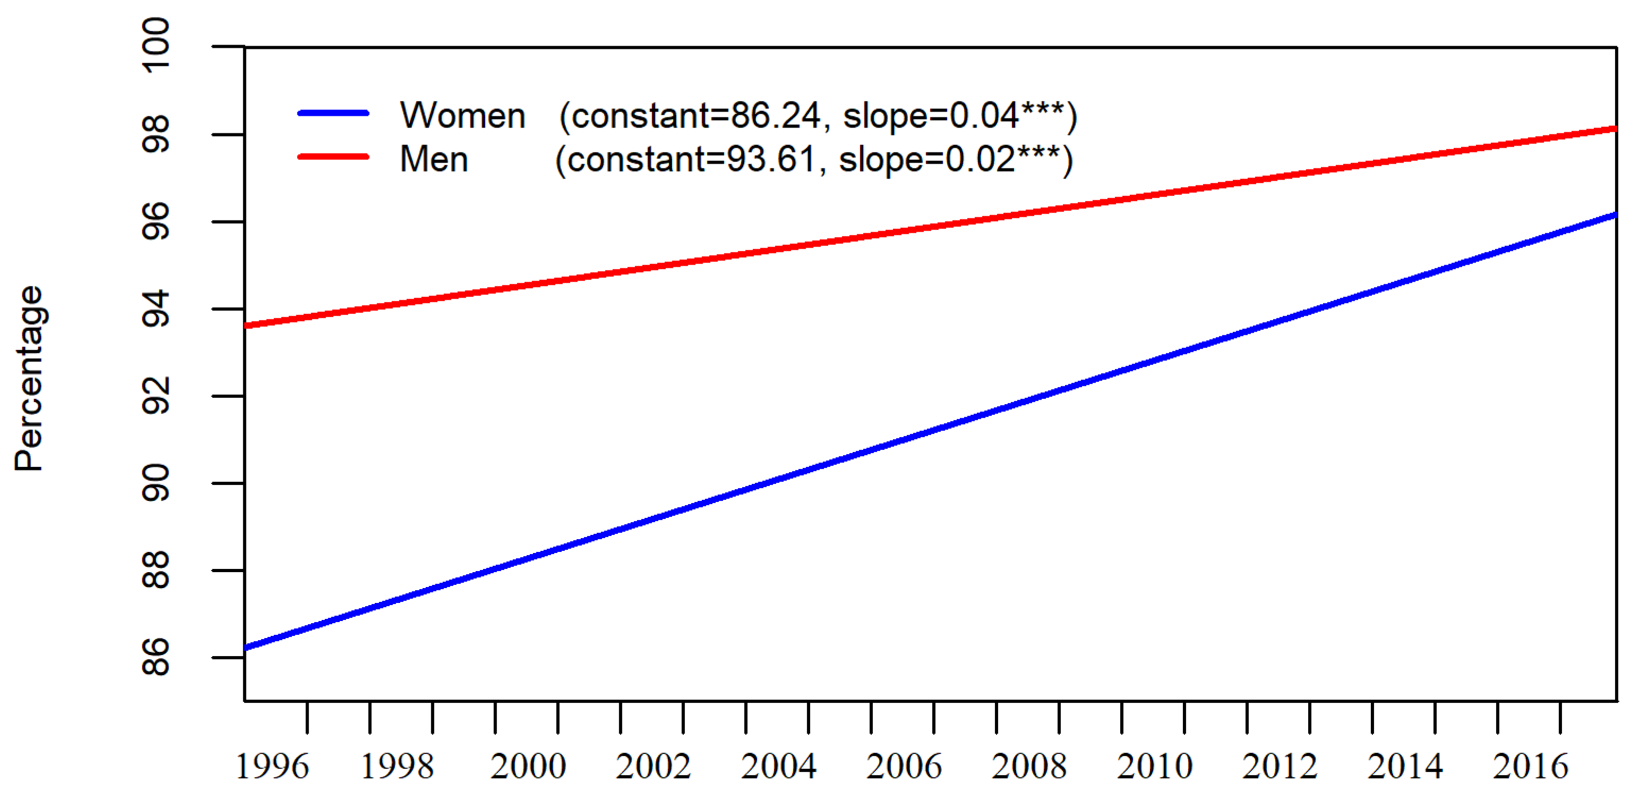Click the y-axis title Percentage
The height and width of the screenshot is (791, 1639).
(29, 379)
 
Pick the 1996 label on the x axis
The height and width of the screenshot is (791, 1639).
(272, 766)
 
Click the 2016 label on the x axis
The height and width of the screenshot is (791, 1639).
(1530, 766)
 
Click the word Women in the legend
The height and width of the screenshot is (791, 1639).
(462, 116)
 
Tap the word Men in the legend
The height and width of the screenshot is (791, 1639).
(434, 159)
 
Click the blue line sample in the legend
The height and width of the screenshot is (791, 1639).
(333, 113)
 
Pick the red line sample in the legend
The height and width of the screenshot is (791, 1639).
(333, 157)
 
